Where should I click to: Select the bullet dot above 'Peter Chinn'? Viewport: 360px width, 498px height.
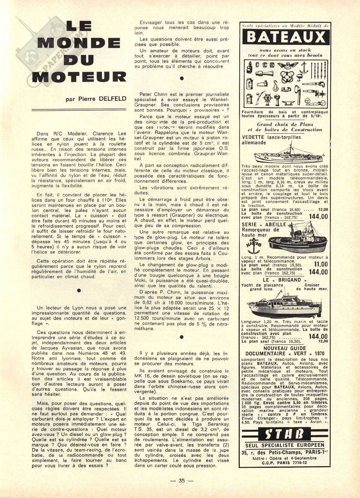[x=182, y=79]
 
